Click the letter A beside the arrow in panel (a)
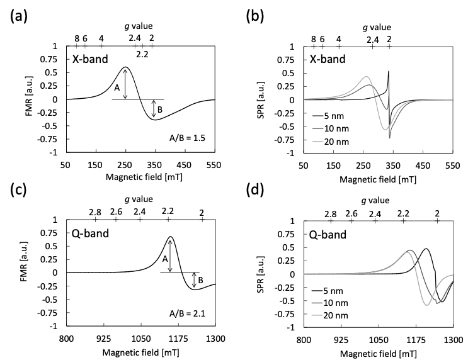[x=117, y=89]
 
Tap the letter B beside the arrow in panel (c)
[x=200, y=280]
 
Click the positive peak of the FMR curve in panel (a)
[x=126, y=67]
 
